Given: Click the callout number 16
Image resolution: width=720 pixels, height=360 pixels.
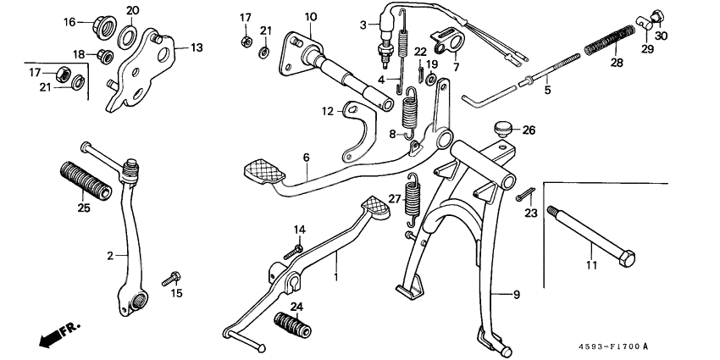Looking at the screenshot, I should tap(70, 21).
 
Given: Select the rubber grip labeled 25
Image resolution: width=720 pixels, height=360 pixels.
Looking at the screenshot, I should tap(83, 179).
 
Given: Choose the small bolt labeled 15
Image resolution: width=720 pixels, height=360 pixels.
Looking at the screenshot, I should tap(174, 276).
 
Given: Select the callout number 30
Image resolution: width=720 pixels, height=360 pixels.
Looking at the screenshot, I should tap(662, 36).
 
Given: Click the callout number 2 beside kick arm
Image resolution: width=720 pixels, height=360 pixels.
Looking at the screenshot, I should tap(111, 254).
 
